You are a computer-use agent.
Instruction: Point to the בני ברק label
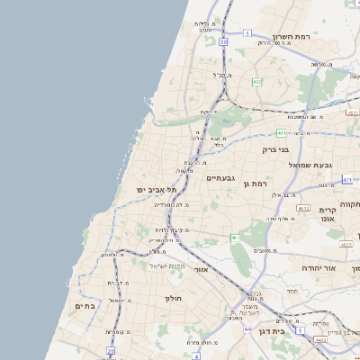coord(274,150)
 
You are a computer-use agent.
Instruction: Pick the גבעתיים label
coord(220,178)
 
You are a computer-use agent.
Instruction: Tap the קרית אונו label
coord(327,215)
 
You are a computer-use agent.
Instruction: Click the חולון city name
coord(173,298)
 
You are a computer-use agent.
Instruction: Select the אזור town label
coord(201,269)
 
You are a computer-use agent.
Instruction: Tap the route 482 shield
coord(257,82)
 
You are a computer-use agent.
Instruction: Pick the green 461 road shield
coord(234,238)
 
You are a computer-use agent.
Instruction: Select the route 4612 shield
coord(347,339)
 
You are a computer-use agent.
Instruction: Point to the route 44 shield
coord(248,329)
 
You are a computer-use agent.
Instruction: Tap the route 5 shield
coord(222,41)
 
